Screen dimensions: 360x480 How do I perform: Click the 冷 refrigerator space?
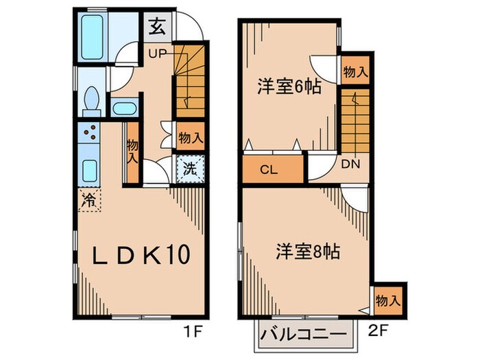pos(89,200)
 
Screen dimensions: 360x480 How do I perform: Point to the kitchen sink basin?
pos(89,169)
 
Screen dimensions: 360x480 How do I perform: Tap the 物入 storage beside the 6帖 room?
pos(355,71)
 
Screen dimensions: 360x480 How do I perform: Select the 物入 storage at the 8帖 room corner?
pos(388,300)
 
